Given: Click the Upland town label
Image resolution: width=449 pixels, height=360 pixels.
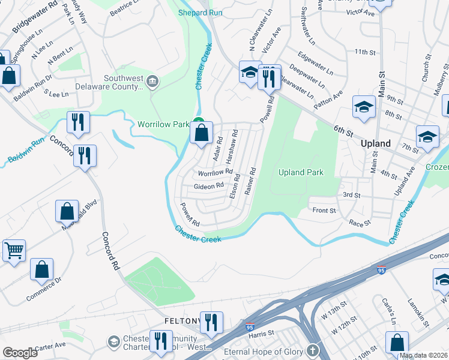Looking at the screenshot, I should (x=376, y=143).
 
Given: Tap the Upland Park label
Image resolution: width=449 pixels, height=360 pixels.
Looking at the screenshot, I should (x=301, y=172).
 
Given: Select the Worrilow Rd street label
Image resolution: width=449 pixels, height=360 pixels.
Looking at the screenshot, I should (x=214, y=173).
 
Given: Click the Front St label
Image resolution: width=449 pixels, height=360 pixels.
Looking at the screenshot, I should (x=324, y=210).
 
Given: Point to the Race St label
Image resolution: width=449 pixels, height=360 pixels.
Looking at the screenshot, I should (x=360, y=222).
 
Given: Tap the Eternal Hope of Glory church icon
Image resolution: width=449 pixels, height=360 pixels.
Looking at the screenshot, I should (x=312, y=350).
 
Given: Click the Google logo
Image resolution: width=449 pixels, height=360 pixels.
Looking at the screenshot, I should (x=20, y=353).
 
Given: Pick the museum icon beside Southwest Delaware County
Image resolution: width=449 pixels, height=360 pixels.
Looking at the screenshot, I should (x=153, y=81).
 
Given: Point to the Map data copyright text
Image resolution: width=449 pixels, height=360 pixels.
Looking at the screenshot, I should (x=423, y=355).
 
